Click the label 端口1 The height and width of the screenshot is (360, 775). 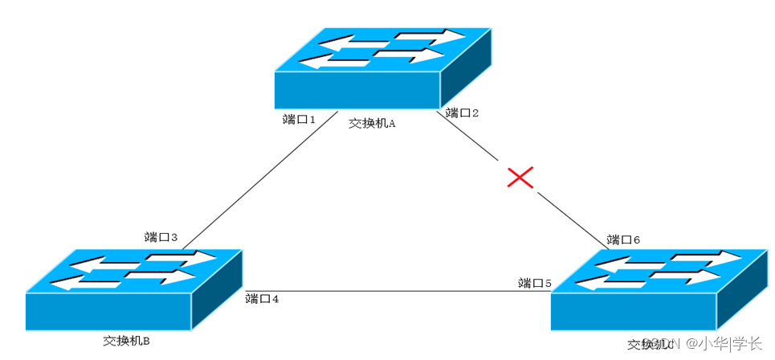tap(300, 119)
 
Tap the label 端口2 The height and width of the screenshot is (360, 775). tap(463, 112)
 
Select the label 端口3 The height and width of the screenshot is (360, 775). tap(161, 237)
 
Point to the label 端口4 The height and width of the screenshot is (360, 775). tap(262, 299)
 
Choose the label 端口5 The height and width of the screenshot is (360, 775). tap(535, 283)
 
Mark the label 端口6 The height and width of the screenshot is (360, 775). tap(623, 239)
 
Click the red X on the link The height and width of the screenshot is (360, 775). tap(520, 177)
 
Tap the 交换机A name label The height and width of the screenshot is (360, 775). tap(373, 124)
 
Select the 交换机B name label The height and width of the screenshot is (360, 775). tap(127, 341)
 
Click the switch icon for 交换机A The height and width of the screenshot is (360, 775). tap(377, 72)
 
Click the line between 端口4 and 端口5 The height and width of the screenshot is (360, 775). tap(394, 291)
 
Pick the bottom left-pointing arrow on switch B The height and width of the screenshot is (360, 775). tap(88, 283)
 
